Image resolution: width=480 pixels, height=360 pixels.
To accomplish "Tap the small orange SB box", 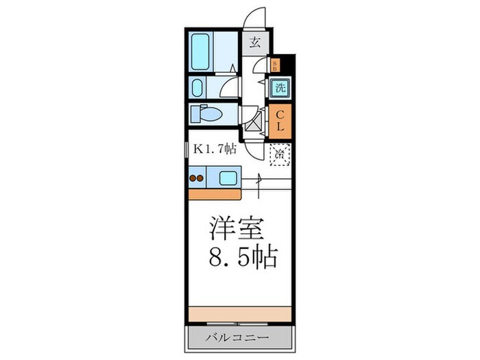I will click(x=276, y=66).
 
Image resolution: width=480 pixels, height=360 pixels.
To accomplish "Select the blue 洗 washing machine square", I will click(x=280, y=88).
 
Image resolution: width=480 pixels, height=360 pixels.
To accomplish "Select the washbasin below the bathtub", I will click(x=198, y=88).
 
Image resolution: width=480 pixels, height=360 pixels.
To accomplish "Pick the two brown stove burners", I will click(x=197, y=178).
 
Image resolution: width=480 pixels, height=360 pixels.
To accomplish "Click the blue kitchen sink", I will click(x=227, y=179).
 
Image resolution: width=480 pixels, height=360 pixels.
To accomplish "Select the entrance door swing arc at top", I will click(x=256, y=17).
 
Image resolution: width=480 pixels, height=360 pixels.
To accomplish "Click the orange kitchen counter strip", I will click(x=213, y=193).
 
